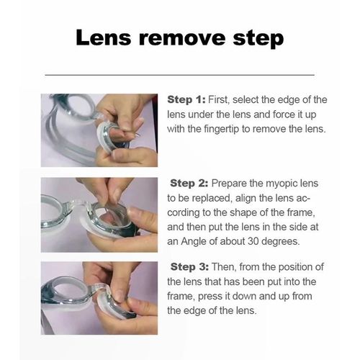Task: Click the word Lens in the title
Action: (x=104, y=37)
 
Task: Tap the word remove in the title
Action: (x=182, y=38)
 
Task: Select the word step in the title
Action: (x=258, y=39)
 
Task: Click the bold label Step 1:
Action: (x=186, y=100)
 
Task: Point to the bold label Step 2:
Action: (x=189, y=184)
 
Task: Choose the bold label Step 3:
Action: (x=189, y=267)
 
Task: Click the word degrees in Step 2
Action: (x=280, y=242)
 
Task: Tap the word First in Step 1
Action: (x=218, y=100)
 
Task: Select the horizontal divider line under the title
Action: (x=180, y=75)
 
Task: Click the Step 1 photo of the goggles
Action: (x=99, y=130)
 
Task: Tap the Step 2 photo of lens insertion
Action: (x=99, y=215)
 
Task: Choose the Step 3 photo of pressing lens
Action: (x=99, y=298)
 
